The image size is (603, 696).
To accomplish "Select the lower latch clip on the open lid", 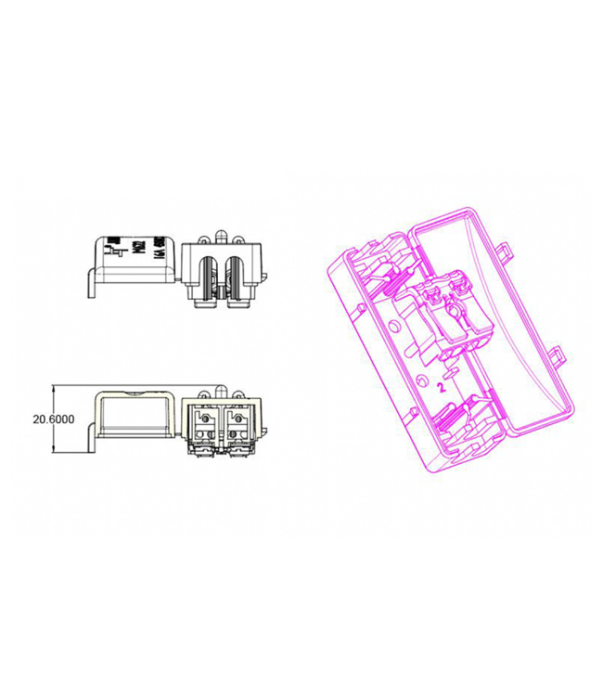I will (557, 355).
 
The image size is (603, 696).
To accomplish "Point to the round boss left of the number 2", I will (424, 380).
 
